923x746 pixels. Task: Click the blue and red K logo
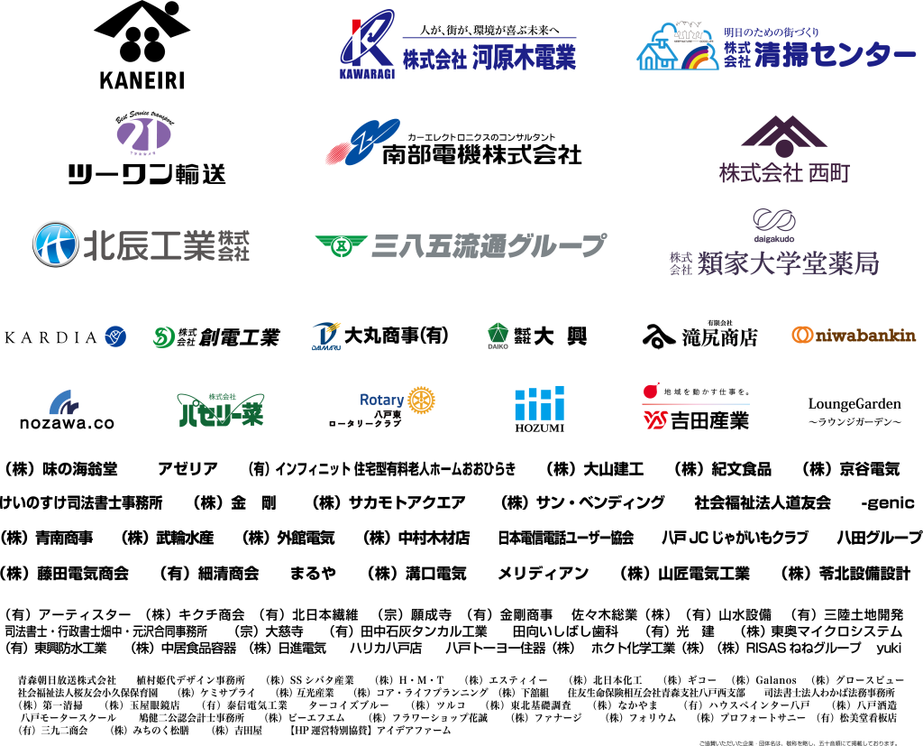tap(367, 40)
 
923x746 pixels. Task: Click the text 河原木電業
tap(524, 60)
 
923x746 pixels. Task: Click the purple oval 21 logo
tap(143, 136)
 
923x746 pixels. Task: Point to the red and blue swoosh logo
tap(362, 143)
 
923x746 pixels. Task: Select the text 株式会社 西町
tap(783, 172)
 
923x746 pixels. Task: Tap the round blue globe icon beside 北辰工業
tap(55, 244)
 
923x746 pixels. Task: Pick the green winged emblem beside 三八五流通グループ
tap(341, 245)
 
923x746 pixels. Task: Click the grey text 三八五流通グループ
tap(489, 245)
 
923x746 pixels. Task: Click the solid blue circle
tap(115, 336)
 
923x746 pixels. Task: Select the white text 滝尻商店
tap(718, 337)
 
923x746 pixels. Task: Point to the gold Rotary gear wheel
tap(421, 400)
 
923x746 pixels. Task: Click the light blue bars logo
tap(539, 403)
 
